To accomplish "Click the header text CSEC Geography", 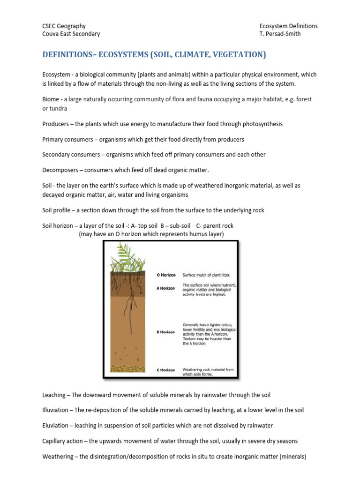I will click(x=64, y=26).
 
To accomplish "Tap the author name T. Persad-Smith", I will click(x=280, y=34).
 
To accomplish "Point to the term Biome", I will click(x=51, y=99).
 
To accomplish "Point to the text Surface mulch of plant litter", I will click(x=206, y=275).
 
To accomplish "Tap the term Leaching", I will click(x=55, y=395).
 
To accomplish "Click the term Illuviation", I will click(x=55, y=410).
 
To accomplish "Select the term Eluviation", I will click(x=55, y=426).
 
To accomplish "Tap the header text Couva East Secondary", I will click(x=71, y=34).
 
